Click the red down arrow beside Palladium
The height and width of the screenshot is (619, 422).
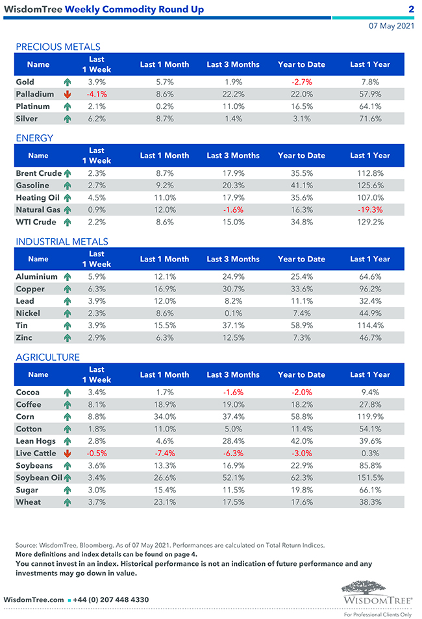click(x=67, y=95)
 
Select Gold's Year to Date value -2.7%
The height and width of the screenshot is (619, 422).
click(x=301, y=82)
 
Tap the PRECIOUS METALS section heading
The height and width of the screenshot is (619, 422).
click(x=58, y=47)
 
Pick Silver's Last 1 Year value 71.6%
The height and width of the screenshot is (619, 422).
click(x=369, y=119)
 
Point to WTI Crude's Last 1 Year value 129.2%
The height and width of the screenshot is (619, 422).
click(x=369, y=223)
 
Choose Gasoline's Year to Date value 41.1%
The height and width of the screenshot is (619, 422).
click(x=301, y=186)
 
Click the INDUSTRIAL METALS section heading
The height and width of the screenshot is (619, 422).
click(x=62, y=241)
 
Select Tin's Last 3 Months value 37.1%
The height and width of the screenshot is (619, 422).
click(x=232, y=326)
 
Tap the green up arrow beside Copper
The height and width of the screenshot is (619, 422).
click(x=67, y=289)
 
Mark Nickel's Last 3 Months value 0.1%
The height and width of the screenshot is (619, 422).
click(x=232, y=313)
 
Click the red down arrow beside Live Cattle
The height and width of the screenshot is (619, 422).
click(x=67, y=454)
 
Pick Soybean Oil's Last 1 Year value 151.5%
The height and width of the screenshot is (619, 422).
click(x=369, y=478)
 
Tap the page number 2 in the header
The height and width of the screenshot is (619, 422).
click(x=411, y=9)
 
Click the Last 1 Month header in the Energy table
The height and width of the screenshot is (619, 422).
click(x=164, y=156)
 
